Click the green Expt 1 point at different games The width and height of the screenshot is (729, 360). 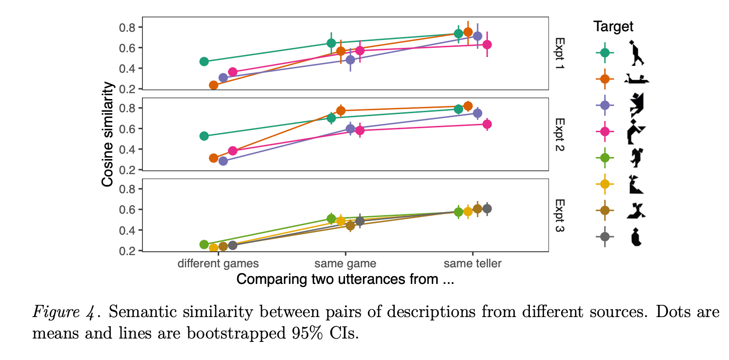coord(204,61)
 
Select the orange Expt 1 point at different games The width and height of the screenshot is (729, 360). coord(213,85)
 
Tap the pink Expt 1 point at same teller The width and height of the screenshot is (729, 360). coord(486,44)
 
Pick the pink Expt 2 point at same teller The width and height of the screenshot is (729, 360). coord(486,124)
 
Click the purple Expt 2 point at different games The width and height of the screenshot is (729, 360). coord(223,161)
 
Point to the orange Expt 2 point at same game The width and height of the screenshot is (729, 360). coord(341,110)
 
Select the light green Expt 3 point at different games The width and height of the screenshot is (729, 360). coord(204,244)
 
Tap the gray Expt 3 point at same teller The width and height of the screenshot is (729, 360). coord(486,209)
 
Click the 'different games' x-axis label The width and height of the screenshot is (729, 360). coord(218,264)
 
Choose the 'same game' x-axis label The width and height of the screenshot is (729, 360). coord(345,264)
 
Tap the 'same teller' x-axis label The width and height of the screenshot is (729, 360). coord(472,264)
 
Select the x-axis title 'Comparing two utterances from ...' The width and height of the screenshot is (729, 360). coord(345,280)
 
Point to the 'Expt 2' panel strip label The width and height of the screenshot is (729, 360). coord(560,134)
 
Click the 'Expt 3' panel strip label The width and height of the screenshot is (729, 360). coord(560,215)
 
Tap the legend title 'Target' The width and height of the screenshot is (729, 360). coord(613,27)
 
